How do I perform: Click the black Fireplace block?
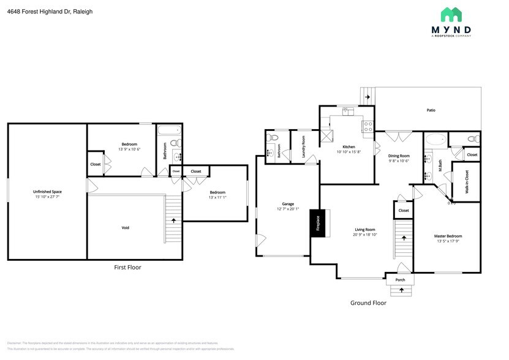318,223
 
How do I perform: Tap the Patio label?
431,110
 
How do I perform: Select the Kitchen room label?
349,147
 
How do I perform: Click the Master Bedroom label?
448,236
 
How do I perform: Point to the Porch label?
400,280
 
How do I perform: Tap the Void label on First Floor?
125,228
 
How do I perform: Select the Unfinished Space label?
47,192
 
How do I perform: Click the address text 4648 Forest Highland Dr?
39,10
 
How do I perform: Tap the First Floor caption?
131,268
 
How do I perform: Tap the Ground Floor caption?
368,302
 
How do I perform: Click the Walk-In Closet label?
467,181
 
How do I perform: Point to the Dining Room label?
399,156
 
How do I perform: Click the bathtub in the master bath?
435,139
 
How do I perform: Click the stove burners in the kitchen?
368,126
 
